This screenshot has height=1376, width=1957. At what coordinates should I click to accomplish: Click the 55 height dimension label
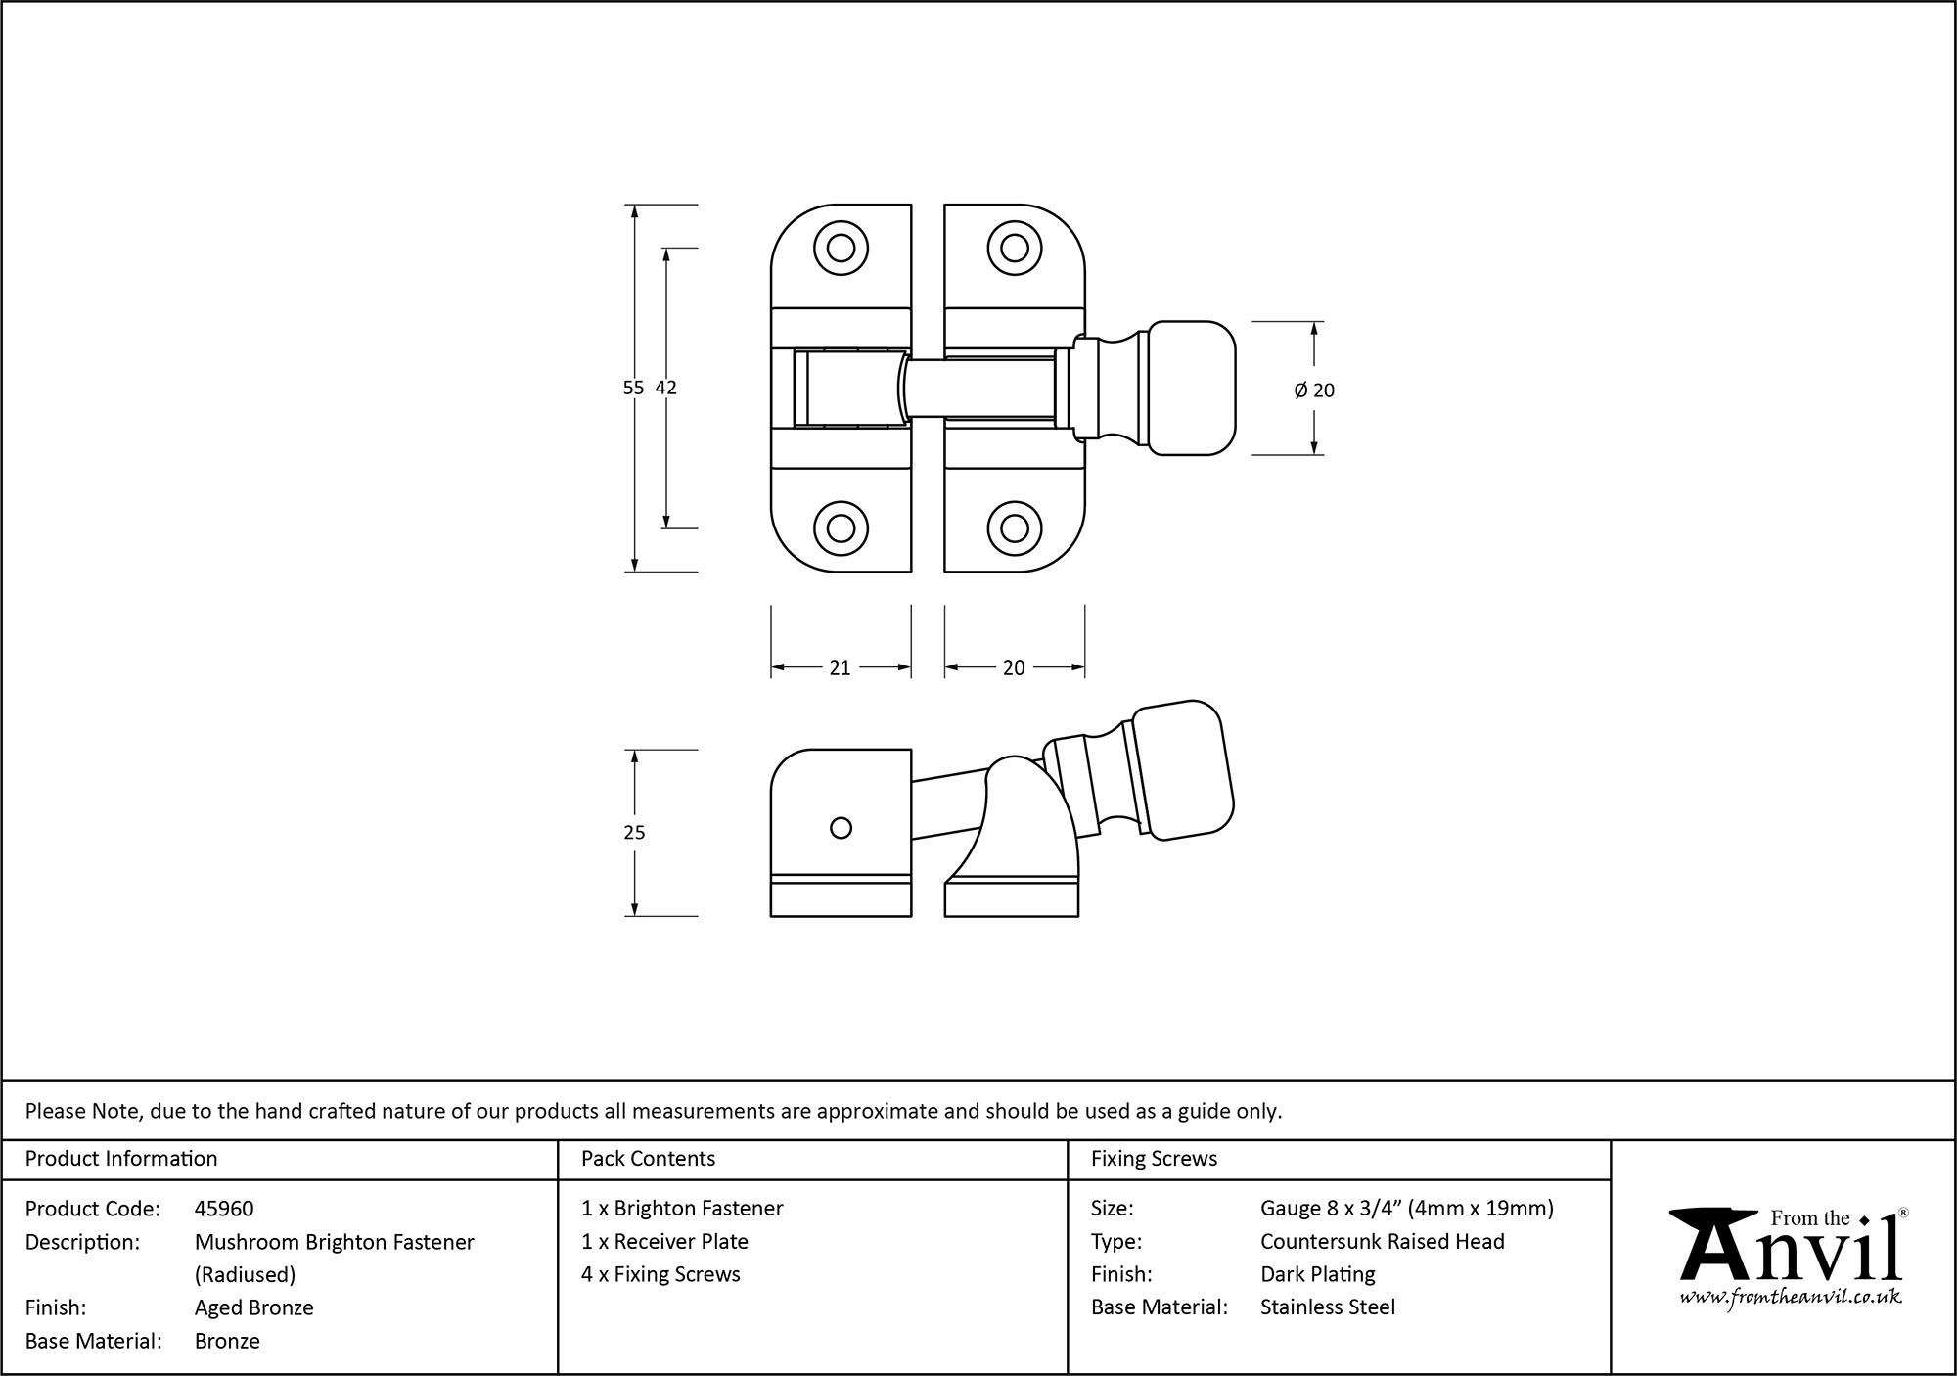tap(633, 388)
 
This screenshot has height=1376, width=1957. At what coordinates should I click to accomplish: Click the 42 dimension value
tap(665, 388)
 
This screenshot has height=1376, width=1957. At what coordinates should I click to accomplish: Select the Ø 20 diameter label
tap(1314, 390)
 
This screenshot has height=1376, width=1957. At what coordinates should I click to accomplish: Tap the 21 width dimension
tap(840, 667)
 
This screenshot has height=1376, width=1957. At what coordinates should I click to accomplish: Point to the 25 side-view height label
tap(634, 833)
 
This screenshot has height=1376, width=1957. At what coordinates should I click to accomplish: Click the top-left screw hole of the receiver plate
tap(841, 249)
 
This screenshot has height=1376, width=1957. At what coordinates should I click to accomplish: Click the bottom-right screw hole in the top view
tap(1014, 528)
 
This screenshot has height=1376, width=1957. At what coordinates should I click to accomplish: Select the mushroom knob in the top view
tap(1189, 388)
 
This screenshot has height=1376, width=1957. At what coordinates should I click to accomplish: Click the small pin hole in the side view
tap(841, 828)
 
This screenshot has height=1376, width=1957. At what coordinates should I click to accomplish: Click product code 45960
tap(224, 1209)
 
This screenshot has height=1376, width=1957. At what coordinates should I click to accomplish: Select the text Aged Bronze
tap(253, 1307)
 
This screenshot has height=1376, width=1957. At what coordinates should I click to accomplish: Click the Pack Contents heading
tap(648, 1159)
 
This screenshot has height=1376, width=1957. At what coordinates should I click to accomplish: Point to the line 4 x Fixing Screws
tap(660, 1274)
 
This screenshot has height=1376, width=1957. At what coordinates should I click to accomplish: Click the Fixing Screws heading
tap(1154, 1159)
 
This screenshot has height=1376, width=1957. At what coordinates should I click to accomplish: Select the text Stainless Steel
tap(1327, 1307)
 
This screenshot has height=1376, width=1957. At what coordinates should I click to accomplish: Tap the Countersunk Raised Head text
tap(1382, 1241)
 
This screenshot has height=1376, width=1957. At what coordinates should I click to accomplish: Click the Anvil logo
tap(1790, 1248)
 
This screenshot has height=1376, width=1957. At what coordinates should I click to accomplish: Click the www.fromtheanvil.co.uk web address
tap(1791, 1297)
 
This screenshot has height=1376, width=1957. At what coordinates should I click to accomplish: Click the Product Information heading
tap(121, 1159)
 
